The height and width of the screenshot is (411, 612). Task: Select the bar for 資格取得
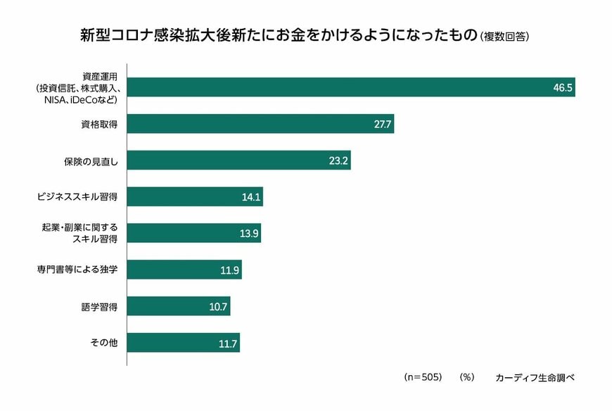click(x=260, y=124)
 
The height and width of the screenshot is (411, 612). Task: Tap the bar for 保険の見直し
click(x=238, y=160)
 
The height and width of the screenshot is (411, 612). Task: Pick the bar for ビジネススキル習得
click(x=195, y=196)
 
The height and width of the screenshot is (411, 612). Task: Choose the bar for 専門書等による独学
click(x=184, y=270)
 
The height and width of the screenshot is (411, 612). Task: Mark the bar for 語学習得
click(x=179, y=306)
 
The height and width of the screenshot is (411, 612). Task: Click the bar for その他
click(x=184, y=343)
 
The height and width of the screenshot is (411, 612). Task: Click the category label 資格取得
click(x=98, y=124)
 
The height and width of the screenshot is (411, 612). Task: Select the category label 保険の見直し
click(x=91, y=160)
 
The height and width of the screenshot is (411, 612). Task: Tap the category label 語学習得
click(x=98, y=306)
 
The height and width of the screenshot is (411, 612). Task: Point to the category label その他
click(x=103, y=343)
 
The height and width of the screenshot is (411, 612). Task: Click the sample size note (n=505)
click(x=422, y=377)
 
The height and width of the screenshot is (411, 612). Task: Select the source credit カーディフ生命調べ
click(x=535, y=377)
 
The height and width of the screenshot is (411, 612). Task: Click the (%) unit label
click(x=467, y=377)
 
